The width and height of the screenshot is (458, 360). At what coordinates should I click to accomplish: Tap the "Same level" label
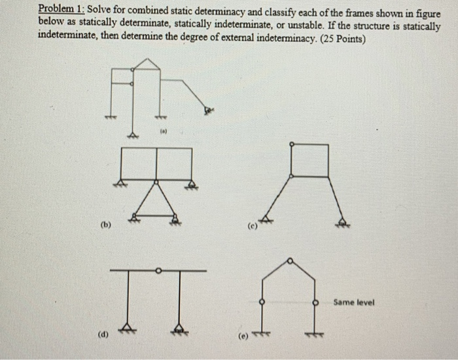[353, 302]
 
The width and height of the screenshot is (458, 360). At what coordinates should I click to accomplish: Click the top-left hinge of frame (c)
[291, 143]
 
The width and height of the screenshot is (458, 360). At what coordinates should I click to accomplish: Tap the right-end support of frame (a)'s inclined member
[208, 110]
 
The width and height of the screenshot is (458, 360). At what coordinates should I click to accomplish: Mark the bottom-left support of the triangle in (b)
[135, 216]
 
